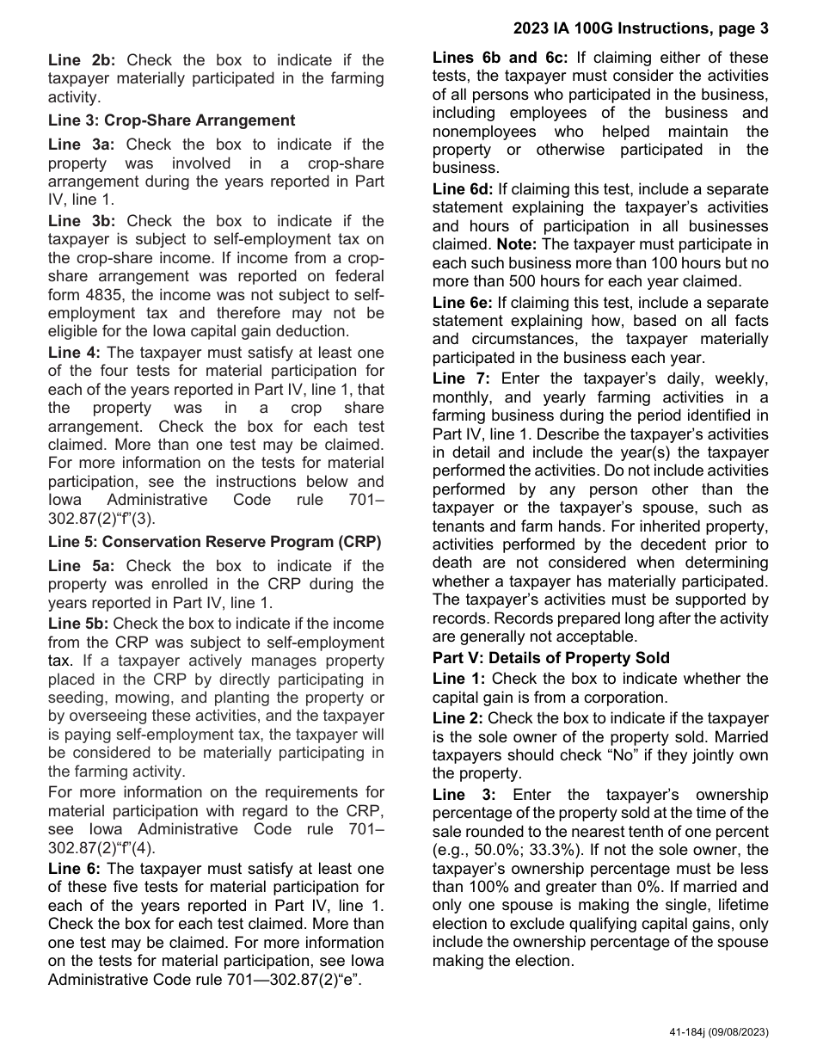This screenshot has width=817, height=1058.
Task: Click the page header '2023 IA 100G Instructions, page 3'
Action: (641, 29)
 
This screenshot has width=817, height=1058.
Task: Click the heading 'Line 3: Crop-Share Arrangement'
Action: (171, 120)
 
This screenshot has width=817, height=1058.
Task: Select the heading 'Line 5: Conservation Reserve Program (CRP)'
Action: (214, 542)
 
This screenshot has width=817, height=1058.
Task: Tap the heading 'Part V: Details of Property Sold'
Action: (550, 658)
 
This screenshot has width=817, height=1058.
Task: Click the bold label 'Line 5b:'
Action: (78, 624)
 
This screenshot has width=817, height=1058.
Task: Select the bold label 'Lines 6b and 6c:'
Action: (500, 58)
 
